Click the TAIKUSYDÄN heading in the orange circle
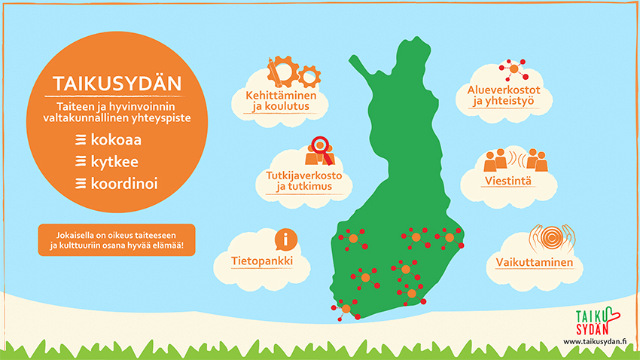(x=117, y=84)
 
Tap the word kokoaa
(x=116, y=139)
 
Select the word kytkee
(x=114, y=162)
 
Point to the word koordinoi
(x=124, y=183)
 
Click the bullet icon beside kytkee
(x=81, y=162)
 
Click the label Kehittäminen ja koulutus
(x=281, y=101)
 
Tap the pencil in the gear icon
(x=274, y=72)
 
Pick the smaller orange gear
(x=309, y=76)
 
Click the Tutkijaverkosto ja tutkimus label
(x=304, y=181)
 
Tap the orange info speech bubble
(x=285, y=239)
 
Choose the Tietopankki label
(x=262, y=261)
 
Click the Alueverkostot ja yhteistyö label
(x=504, y=96)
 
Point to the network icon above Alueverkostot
(x=514, y=69)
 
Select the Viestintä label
(x=508, y=181)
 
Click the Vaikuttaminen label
(x=535, y=262)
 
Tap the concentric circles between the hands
(x=552, y=237)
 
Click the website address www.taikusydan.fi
(x=595, y=342)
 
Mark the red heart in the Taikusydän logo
(x=611, y=316)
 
